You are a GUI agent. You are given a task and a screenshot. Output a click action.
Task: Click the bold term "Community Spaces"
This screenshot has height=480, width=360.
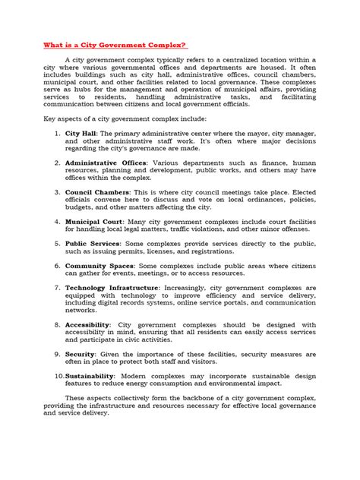(x=99, y=267)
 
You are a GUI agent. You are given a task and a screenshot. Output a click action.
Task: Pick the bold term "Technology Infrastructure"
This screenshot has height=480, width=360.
(x=112, y=289)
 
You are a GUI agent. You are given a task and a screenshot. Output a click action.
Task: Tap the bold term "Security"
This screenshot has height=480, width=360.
(x=80, y=355)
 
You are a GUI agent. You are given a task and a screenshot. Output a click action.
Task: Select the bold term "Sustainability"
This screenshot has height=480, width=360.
(x=90, y=376)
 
